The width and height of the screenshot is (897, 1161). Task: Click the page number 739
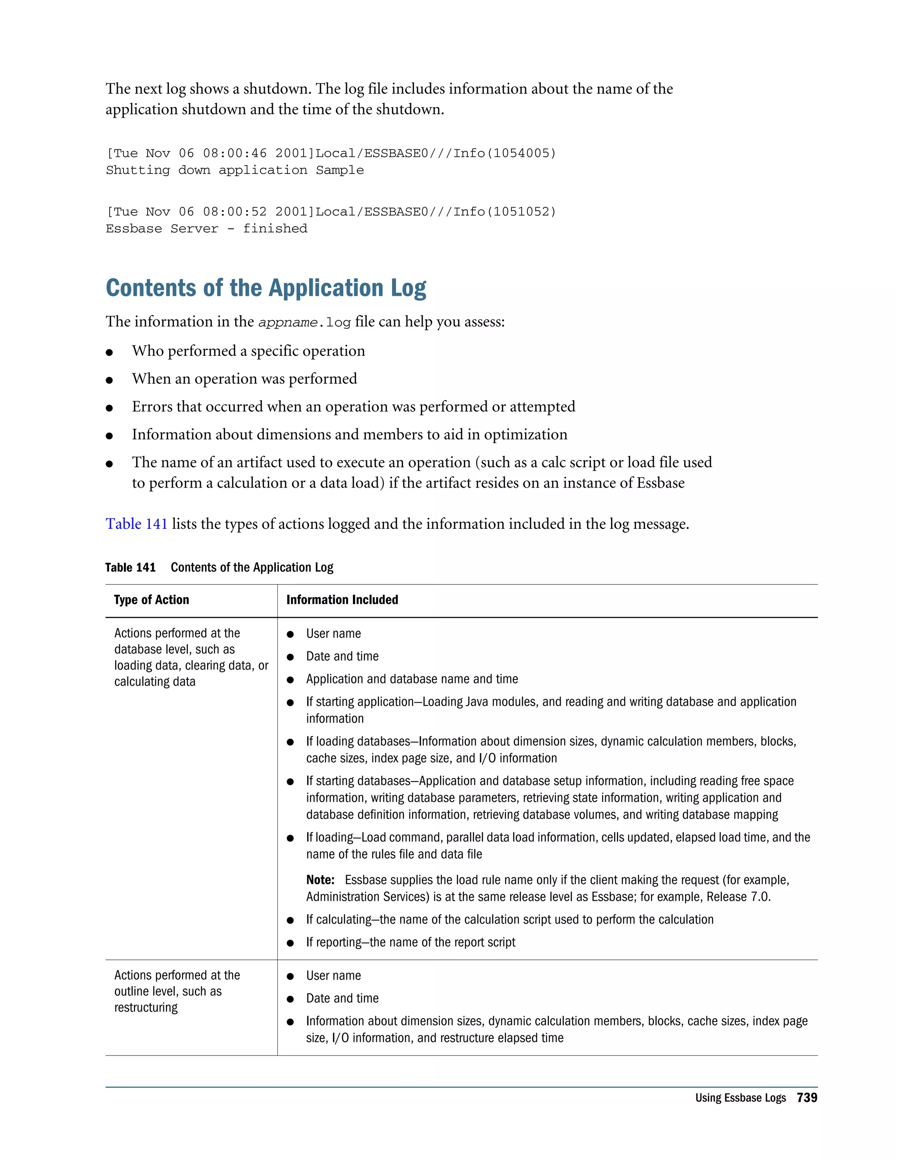click(x=807, y=1098)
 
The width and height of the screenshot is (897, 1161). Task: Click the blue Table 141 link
click(x=137, y=524)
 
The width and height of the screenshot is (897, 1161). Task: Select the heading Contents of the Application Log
click(x=266, y=288)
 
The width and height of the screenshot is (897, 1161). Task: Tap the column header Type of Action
click(x=152, y=600)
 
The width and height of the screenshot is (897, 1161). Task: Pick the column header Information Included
click(x=342, y=600)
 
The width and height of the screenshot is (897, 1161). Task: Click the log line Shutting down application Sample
click(x=234, y=170)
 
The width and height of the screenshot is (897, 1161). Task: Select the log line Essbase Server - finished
click(x=206, y=229)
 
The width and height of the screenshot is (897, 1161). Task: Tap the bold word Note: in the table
click(x=320, y=880)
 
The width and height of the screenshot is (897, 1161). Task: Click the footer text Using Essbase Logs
click(x=740, y=1098)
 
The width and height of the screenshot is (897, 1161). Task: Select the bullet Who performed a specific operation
click(x=248, y=351)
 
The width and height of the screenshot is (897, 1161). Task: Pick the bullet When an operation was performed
click(x=244, y=379)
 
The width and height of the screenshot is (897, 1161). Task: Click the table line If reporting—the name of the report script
click(x=410, y=942)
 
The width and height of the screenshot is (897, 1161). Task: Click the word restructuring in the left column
click(x=146, y=1008)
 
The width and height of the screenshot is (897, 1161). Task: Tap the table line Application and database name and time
click(x=412, y=680)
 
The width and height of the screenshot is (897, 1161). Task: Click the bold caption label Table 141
click(x=130, y=568)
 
